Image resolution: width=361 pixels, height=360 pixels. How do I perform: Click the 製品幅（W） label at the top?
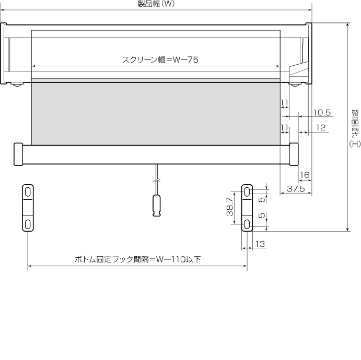pyautogui.click(x=156, y=4)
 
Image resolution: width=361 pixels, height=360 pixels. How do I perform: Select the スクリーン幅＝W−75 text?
pyautogui.click(x=160, y=60)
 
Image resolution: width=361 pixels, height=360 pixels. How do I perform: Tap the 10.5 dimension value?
pyautogui.click(x=322, y=113)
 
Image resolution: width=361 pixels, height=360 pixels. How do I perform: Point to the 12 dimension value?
pyautogui.click(x=321, y=128)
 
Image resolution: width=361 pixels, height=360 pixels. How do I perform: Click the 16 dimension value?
pyautogui.click(x=305, y=175)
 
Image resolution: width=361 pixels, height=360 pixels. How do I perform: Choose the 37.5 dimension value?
pyautogui.click(x=296, y=189)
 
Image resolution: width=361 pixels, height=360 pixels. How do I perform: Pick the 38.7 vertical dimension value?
pyautogui.click(x=230, y=207)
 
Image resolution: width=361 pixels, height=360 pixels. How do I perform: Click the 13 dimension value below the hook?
pyautogui.click(x=260, y=244)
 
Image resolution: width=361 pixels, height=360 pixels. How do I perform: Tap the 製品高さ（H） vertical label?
pyautogui.click(x=355, y=128)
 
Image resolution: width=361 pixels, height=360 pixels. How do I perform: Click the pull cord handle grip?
pyautogui.click(x=157, y=206)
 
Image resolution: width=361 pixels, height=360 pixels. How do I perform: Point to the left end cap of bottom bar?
pyautogui.click(x=18, y=154)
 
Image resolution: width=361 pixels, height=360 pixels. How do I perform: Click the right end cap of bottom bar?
pyautogui.click(x=294, y=154)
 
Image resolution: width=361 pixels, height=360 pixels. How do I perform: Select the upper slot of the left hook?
pyautogui.click(x=28, y=192)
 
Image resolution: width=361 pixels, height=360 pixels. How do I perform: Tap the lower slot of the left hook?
pyautogui.click(x=28, y=224)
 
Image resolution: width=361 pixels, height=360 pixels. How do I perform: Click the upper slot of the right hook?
pyautogui.click(x=247, y=192)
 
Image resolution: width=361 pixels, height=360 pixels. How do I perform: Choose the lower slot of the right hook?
pyautogui.click(x=247, y=224)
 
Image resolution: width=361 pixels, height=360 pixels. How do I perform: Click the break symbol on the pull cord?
pyautogui.click(x=157, y=181)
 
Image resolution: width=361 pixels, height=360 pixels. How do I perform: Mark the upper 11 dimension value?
pyautogui.click(x=285, y=103)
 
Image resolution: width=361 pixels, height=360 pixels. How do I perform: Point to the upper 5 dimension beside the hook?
pyautogui.click(x=262, y=200)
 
